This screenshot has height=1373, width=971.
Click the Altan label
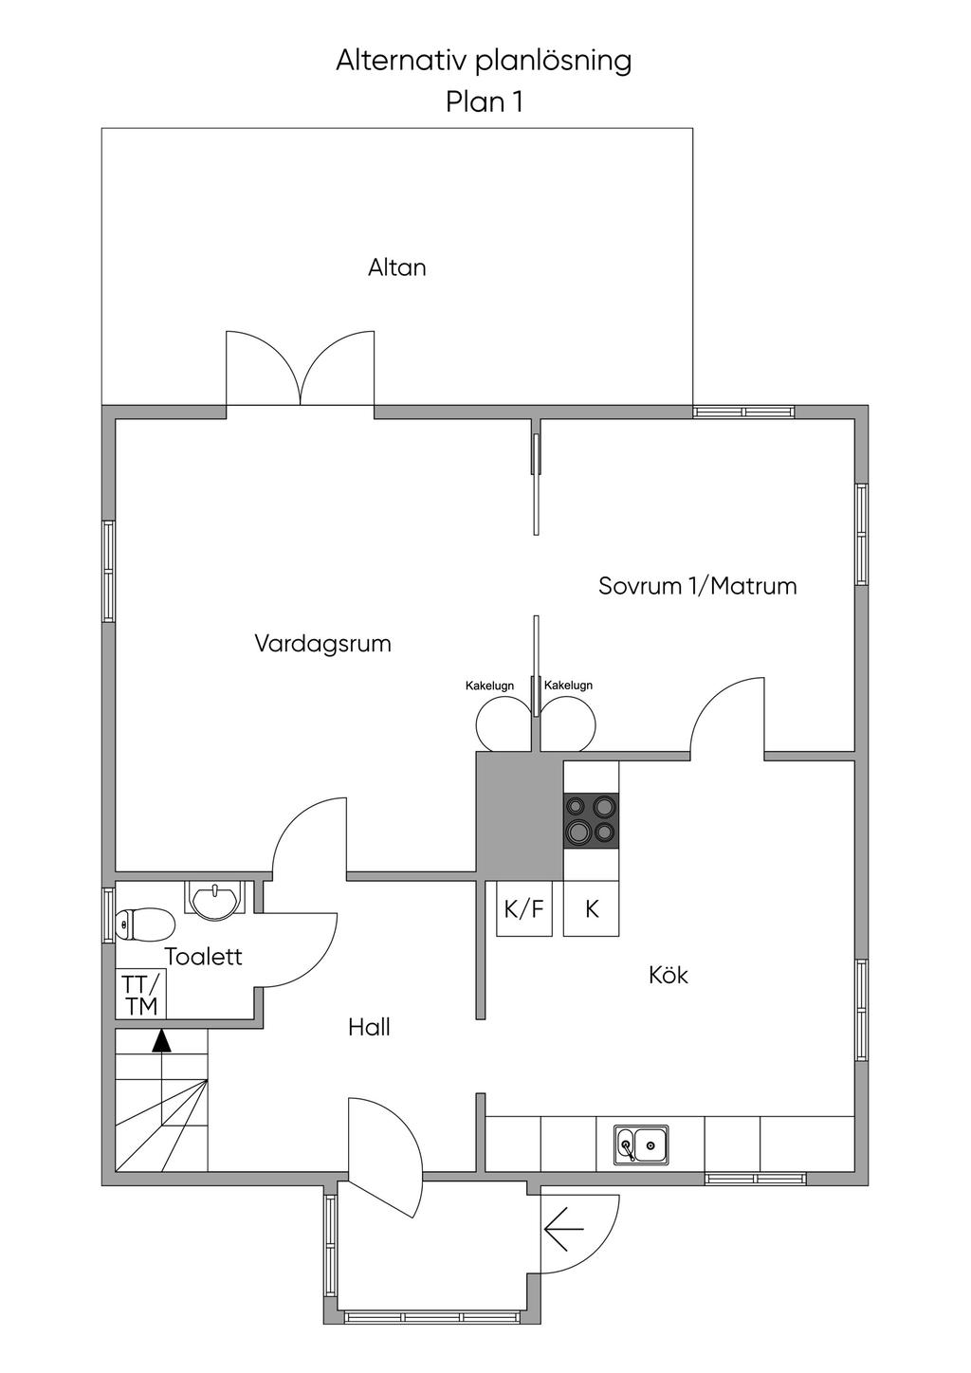point(396,267)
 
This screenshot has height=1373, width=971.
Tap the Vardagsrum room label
point(322,644)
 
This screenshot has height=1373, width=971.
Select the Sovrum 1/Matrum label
point(697,585)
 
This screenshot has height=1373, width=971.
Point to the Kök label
point(669,974)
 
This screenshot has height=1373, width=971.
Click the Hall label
point(369,1026)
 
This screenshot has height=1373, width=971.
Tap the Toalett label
point(203,956)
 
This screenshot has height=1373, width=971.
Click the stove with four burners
point(592,819)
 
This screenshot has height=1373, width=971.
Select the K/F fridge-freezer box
point(524,909)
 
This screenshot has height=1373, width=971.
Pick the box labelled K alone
point(592,909)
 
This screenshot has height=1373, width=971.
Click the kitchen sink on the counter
point(640,1144)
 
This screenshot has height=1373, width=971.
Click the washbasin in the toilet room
point(217,900)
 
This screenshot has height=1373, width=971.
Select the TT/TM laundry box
point(141,994)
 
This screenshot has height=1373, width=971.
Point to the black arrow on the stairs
point(162,1041)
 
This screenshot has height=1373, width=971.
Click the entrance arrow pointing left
point(563,1231)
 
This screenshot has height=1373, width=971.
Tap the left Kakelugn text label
point(489,686)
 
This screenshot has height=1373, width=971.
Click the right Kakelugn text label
point(568,686)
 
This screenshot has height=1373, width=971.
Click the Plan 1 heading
point(484,101)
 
